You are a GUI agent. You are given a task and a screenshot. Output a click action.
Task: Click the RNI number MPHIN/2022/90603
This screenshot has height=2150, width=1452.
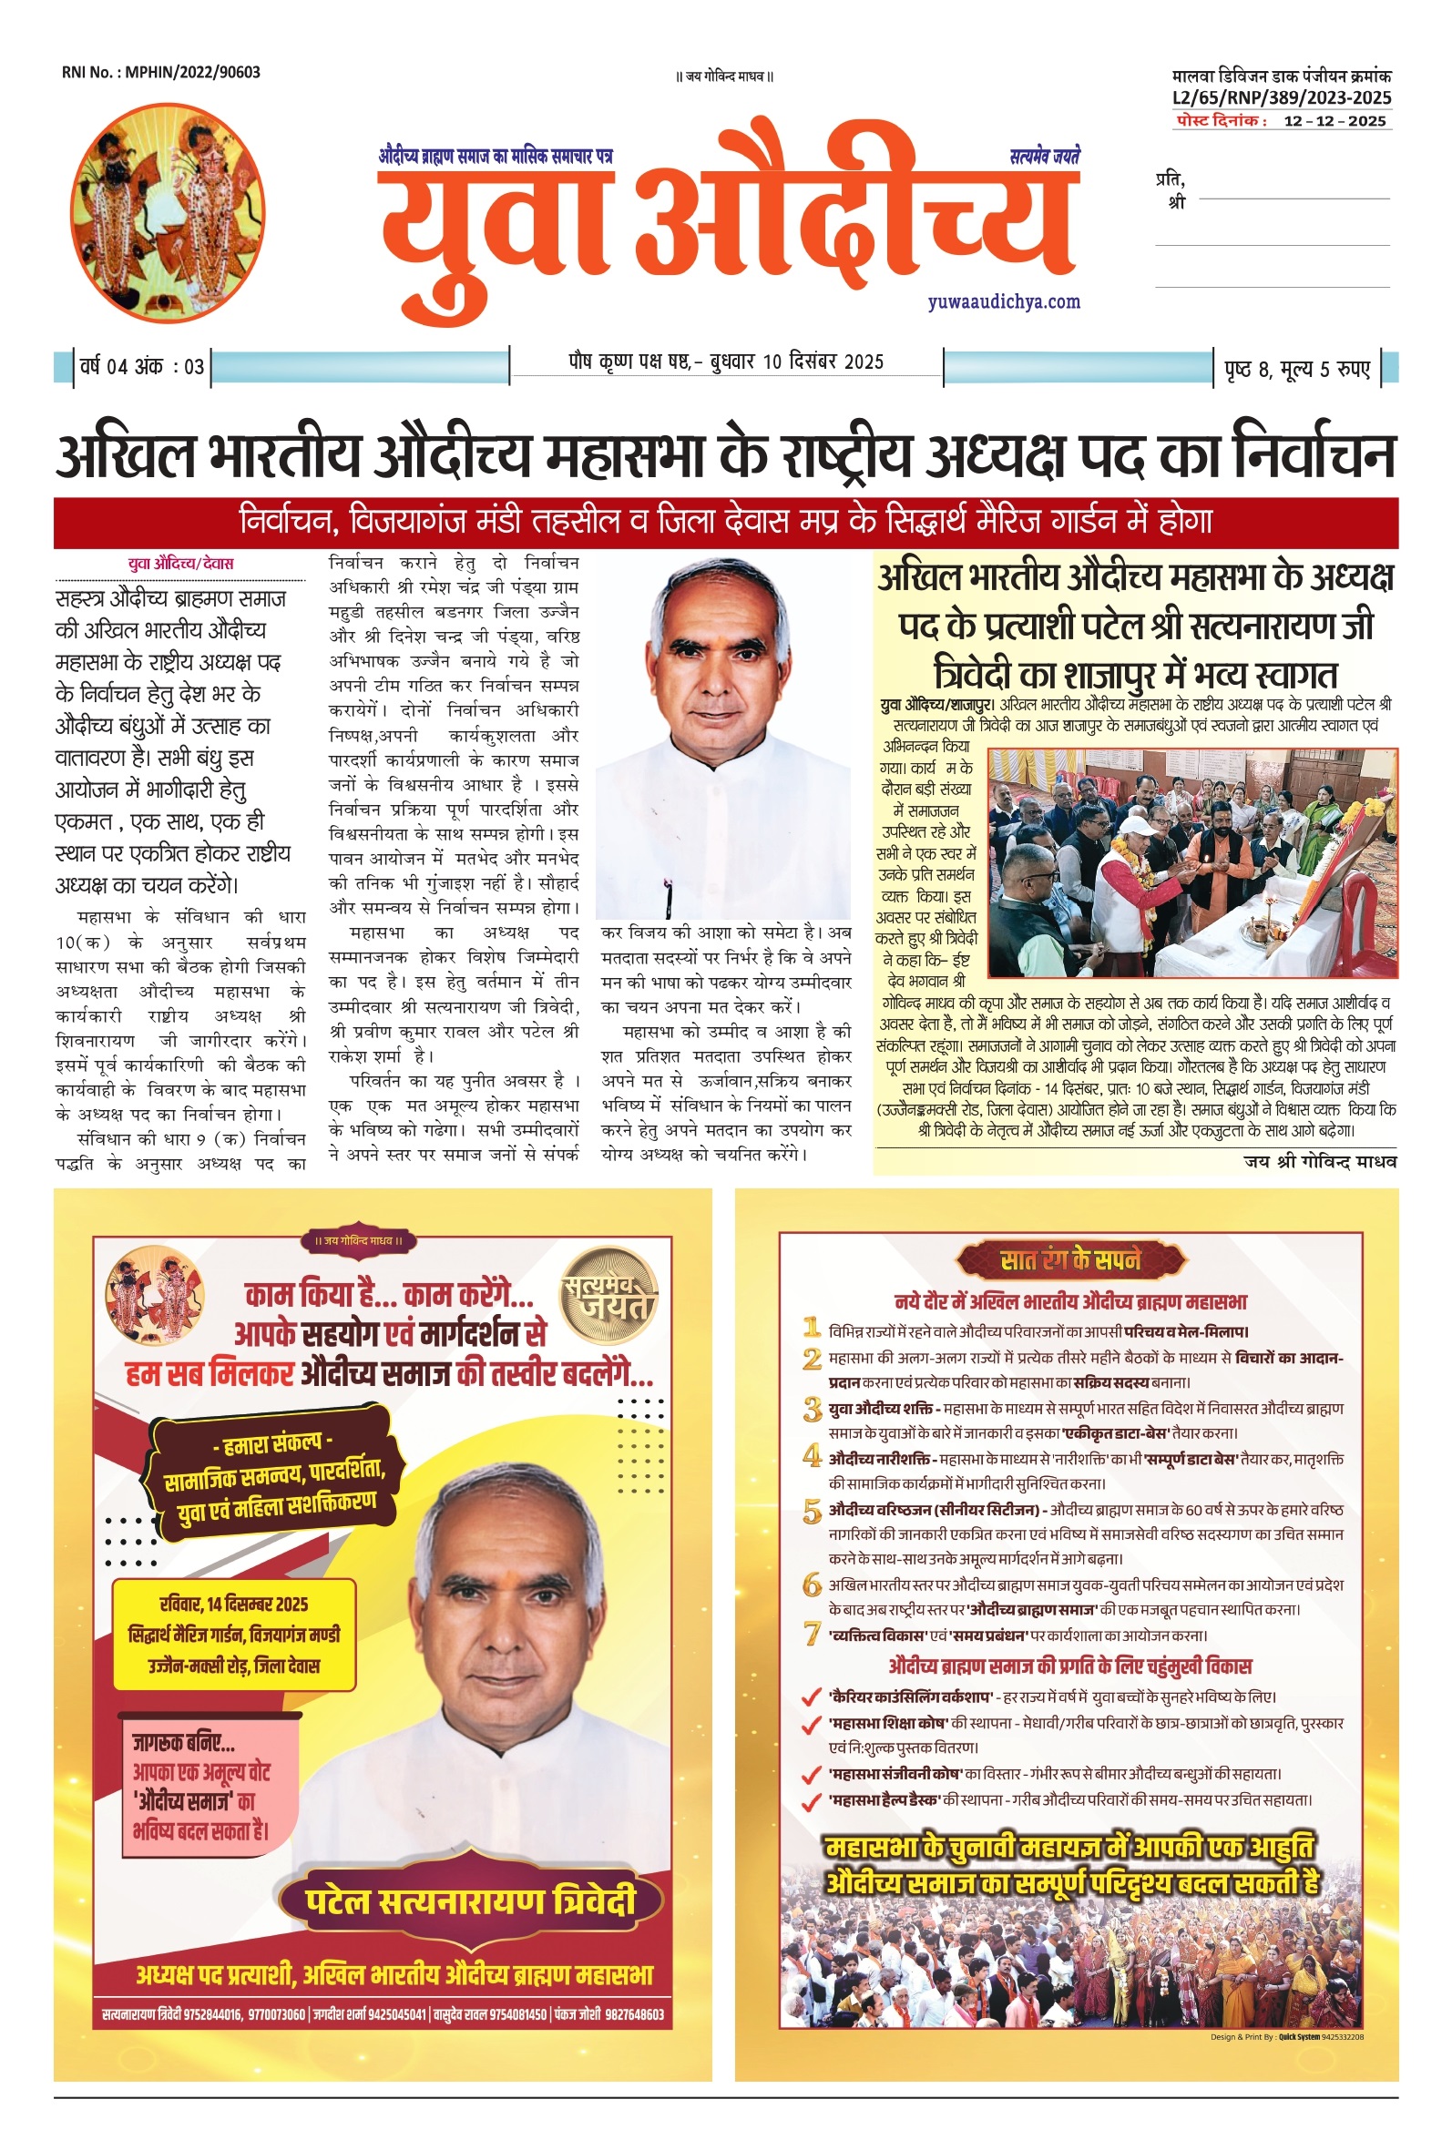(161, 72)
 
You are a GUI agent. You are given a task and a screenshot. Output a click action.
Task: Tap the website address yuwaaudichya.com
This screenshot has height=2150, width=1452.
(1003, 301)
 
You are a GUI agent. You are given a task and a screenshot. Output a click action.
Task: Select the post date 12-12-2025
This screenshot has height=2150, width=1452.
(1334, 121)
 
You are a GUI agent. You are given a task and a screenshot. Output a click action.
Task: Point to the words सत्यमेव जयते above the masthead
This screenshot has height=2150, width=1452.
(1044, 158)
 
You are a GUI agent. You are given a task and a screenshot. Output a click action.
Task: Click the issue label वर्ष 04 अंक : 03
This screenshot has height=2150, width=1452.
(141, 366)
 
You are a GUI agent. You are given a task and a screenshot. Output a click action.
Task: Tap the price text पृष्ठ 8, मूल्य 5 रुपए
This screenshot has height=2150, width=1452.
(1295, 369)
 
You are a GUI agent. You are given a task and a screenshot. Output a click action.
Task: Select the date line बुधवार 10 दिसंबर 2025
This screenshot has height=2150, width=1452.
(796, 362)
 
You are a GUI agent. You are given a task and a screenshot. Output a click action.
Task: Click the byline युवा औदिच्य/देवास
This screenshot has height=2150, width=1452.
(180, 563)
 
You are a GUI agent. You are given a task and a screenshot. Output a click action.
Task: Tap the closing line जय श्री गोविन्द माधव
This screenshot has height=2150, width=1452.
(1319, 1161)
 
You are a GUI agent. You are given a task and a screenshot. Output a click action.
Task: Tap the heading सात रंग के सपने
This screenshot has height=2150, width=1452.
(1069, 1260)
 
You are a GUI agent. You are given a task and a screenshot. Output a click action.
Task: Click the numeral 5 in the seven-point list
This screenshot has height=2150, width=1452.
(812, 1513)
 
